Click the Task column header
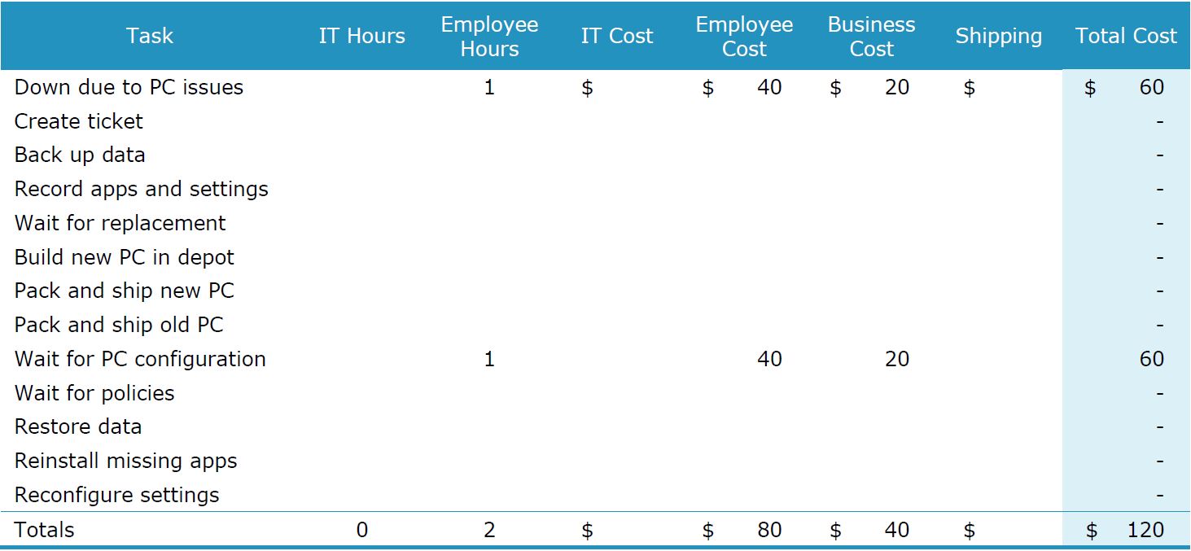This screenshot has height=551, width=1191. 150,36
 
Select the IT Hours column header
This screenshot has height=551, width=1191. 361,36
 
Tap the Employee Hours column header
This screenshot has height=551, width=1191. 489,37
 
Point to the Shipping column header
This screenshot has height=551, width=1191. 998,36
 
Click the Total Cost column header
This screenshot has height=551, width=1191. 1126,36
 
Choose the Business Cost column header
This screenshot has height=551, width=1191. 871,37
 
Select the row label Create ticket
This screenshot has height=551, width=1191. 79,121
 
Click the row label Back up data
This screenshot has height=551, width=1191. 80,155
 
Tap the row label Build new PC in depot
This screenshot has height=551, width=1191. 125,257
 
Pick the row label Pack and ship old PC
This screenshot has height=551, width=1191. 119,325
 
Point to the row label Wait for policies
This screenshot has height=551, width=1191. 94,393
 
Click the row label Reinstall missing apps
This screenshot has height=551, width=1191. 126,461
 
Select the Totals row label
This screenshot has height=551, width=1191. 44,530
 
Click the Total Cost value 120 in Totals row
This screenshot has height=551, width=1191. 1145,530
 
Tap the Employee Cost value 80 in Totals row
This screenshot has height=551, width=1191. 769,530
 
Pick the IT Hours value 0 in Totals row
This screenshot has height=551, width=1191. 361,530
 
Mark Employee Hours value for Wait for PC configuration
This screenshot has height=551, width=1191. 489,359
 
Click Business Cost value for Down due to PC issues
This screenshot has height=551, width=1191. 896,87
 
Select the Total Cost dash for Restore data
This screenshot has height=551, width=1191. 1159,427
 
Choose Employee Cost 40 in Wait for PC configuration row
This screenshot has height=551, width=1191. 769,359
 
